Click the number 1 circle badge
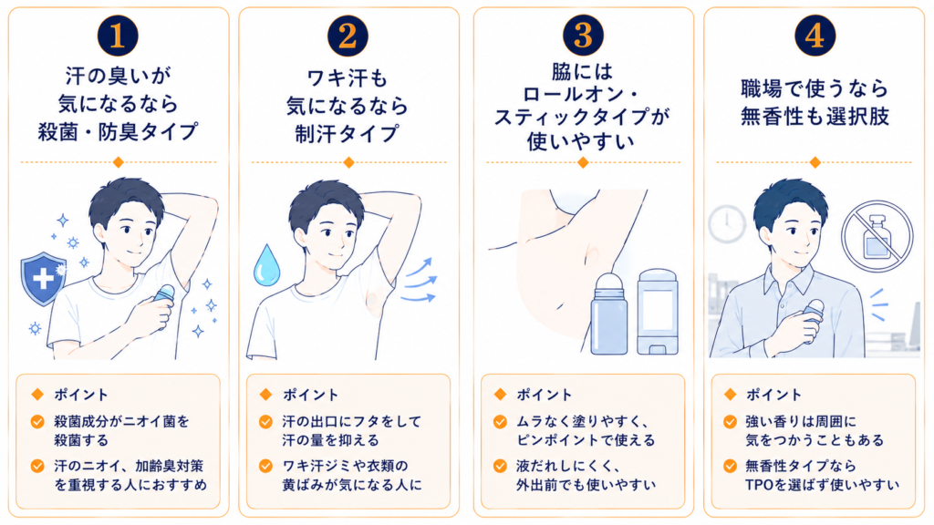click(x=118, y=36)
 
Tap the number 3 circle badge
click(x=583, y=36)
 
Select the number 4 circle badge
click(x=815, y=36)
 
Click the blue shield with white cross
click(x=44, y=279)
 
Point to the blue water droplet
click(x=266, y=265)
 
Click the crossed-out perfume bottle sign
click(x=877, y=236)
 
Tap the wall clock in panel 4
click(x=727, y=224)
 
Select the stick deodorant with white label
click(x=658, y=312)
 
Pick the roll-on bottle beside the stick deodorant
click(x=608, y=314)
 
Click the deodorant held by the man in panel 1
click(x=164, y=301)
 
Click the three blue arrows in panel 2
click(x=420, y=281)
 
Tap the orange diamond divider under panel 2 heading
click(x=349, y=162)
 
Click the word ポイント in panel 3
click(x=544, y=395)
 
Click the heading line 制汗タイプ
click(x=348, y=134)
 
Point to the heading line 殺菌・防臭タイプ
click(x=118, y=131)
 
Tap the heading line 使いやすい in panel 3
click(x=581, y=141)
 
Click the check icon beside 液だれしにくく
click(x=501, y=466)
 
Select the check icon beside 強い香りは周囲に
click(x=731, y=422)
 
